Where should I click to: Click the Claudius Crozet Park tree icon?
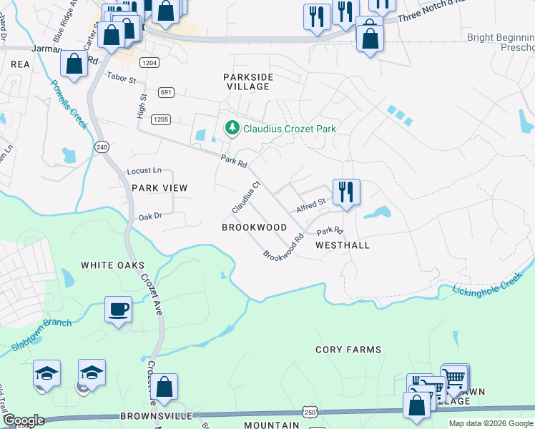232,129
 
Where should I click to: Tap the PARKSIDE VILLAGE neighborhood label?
246,81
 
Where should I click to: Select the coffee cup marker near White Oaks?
118,310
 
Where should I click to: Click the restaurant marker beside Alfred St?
346,192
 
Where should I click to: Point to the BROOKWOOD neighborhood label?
254,227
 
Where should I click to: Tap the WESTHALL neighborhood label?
343,245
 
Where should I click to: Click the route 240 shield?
101,147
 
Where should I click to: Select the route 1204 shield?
149,63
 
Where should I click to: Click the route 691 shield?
166,92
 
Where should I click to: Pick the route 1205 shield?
161,119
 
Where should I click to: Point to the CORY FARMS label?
348,350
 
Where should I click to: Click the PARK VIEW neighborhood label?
159,188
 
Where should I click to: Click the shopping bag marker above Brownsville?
165,388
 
